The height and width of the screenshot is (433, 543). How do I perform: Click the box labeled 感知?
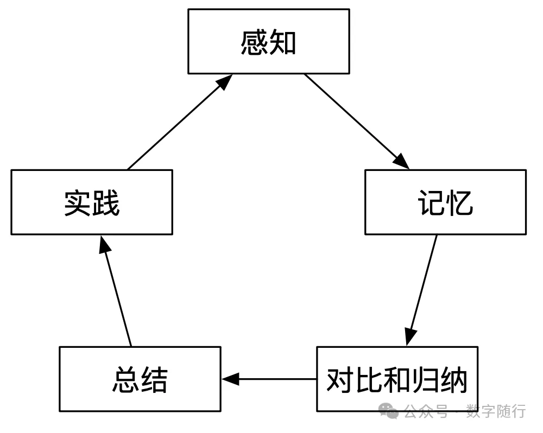[x=268, y=41]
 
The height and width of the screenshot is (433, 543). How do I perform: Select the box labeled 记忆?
[x=445, y=202]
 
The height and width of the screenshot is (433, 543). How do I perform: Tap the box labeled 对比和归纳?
[x=397, y=379]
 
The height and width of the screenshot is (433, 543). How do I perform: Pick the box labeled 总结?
[x=140, y=379]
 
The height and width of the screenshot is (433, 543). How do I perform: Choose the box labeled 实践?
[x=92, y=202]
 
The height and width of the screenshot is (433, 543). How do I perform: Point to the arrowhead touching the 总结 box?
[x=230, y=379]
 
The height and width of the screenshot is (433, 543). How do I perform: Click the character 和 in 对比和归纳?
[x=397, y=379]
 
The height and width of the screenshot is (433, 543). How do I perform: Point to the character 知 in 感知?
[x=283, y=42]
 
